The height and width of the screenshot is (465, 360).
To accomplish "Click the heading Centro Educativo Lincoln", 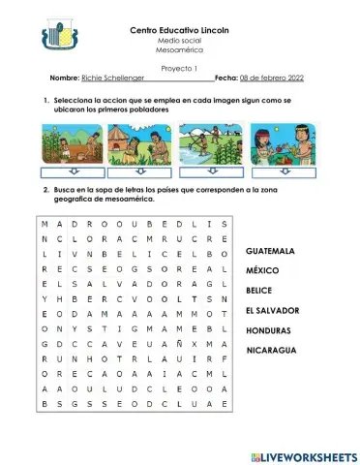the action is point(181,31).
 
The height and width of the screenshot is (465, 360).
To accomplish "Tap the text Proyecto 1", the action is point(179,68).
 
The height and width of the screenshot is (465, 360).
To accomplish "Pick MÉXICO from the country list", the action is point(262,270).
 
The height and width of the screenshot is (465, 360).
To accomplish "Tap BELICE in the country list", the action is point(259,291).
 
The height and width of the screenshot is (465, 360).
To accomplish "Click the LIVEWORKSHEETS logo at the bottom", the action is point(303,455).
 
